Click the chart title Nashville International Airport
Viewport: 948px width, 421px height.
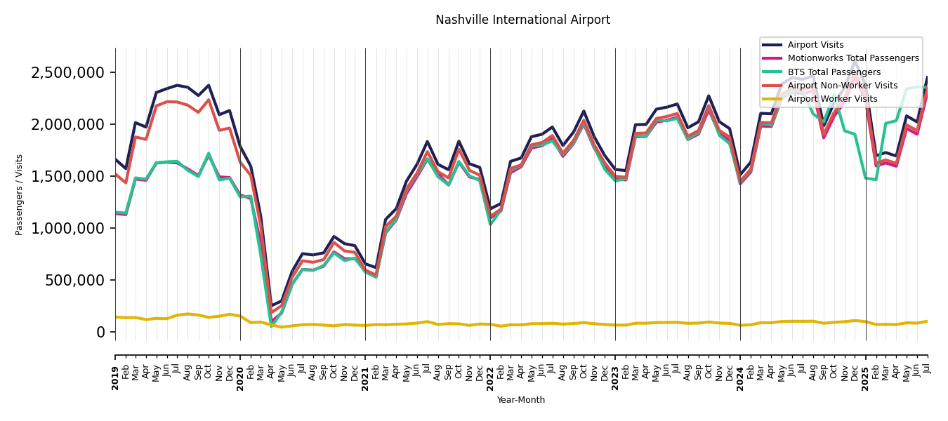coord(522,20)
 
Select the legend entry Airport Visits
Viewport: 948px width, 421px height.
coord(815,45)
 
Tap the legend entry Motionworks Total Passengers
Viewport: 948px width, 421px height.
coord(853,58)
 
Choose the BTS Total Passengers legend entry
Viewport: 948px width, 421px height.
coord(834,72)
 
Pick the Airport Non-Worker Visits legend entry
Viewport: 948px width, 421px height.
coord(842,86)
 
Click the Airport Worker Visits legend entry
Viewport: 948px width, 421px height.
coord(832,99)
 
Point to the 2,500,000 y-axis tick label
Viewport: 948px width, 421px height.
coord(68,73)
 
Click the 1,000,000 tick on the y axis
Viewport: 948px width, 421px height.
coord(68,229)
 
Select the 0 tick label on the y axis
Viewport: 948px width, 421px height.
coord(101,333)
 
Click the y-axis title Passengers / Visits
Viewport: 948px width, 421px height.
coord(20,194)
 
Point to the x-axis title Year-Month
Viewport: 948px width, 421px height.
coord(520,400)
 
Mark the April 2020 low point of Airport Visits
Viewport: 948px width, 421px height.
coord(271,307)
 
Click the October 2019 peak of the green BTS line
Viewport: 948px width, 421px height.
coord(209,154)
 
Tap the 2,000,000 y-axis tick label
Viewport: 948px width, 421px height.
coord(68,125)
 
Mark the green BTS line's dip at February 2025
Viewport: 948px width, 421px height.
coord(876,180)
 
